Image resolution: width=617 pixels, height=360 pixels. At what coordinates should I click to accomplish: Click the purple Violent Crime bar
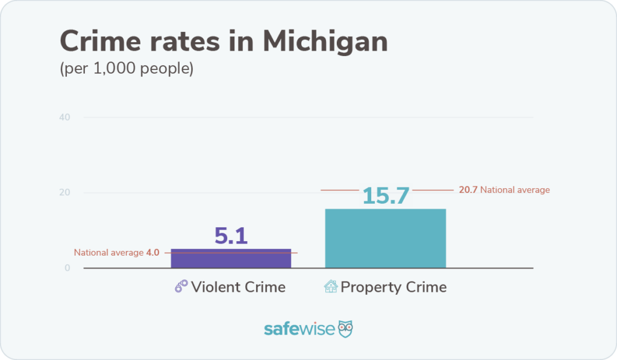[x=231, y=258]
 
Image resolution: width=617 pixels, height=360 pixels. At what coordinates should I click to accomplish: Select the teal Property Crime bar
[x=385, y=238]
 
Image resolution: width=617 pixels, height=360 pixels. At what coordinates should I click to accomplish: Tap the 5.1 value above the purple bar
[x=231, y=236]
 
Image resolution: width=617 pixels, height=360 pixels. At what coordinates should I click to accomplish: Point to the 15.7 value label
[x=386, y=195]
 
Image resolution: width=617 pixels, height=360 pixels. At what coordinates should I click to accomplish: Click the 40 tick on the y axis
[x=65, y=117]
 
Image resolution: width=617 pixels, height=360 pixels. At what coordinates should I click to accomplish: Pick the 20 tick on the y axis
[x=65, y=193]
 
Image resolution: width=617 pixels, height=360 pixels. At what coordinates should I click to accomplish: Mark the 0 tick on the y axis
[x=67, y=268]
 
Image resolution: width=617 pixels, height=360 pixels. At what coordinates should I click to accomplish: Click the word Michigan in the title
[x=325, y=42]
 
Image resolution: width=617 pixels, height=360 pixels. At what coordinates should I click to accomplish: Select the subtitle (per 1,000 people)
[x=127, y=69]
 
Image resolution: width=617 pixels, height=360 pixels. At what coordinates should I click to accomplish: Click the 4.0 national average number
[x=152, y=253]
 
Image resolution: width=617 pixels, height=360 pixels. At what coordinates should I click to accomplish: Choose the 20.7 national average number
[x=468, y=190]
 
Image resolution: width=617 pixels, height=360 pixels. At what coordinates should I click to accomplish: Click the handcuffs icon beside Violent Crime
[x=181, y=287]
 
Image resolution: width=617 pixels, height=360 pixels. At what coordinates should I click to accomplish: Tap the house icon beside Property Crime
[x=331, y=287]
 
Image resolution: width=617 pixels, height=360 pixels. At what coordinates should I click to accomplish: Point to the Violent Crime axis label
[x=238, y=287]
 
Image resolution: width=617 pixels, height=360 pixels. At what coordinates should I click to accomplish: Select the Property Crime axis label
[x=393, y=287]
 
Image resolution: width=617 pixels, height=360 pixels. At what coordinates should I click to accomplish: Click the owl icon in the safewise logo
[x=345, y=329]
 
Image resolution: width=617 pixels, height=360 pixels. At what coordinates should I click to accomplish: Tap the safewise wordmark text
[x=299, y=329]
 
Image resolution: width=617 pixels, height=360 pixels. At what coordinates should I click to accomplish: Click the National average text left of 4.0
[x=108, y=253]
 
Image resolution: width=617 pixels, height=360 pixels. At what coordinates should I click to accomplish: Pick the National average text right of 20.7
[x=515, y=190]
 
